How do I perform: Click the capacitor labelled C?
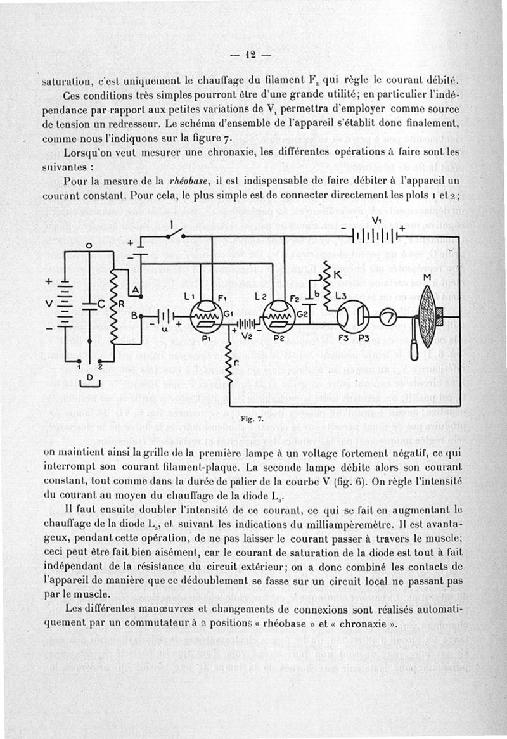[89, 305]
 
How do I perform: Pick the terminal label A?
[134, 290]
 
